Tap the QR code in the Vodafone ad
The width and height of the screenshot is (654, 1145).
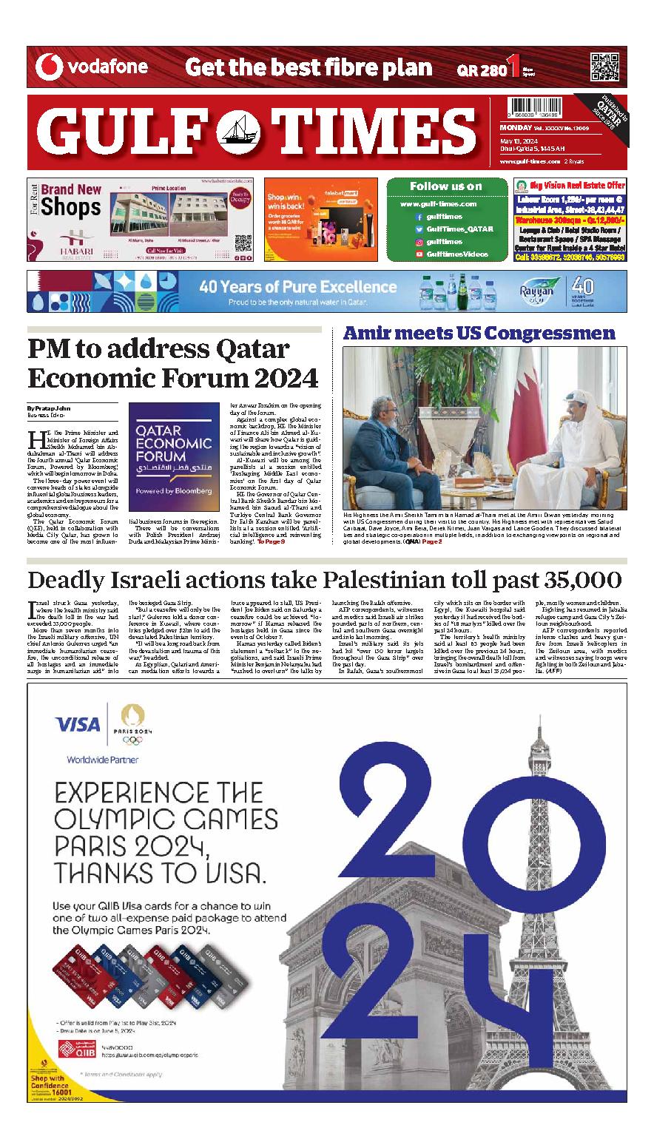coord(605,67)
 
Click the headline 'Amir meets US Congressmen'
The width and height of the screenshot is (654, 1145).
coord(479,334)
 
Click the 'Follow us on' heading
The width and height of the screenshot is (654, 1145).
coord(445,186)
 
